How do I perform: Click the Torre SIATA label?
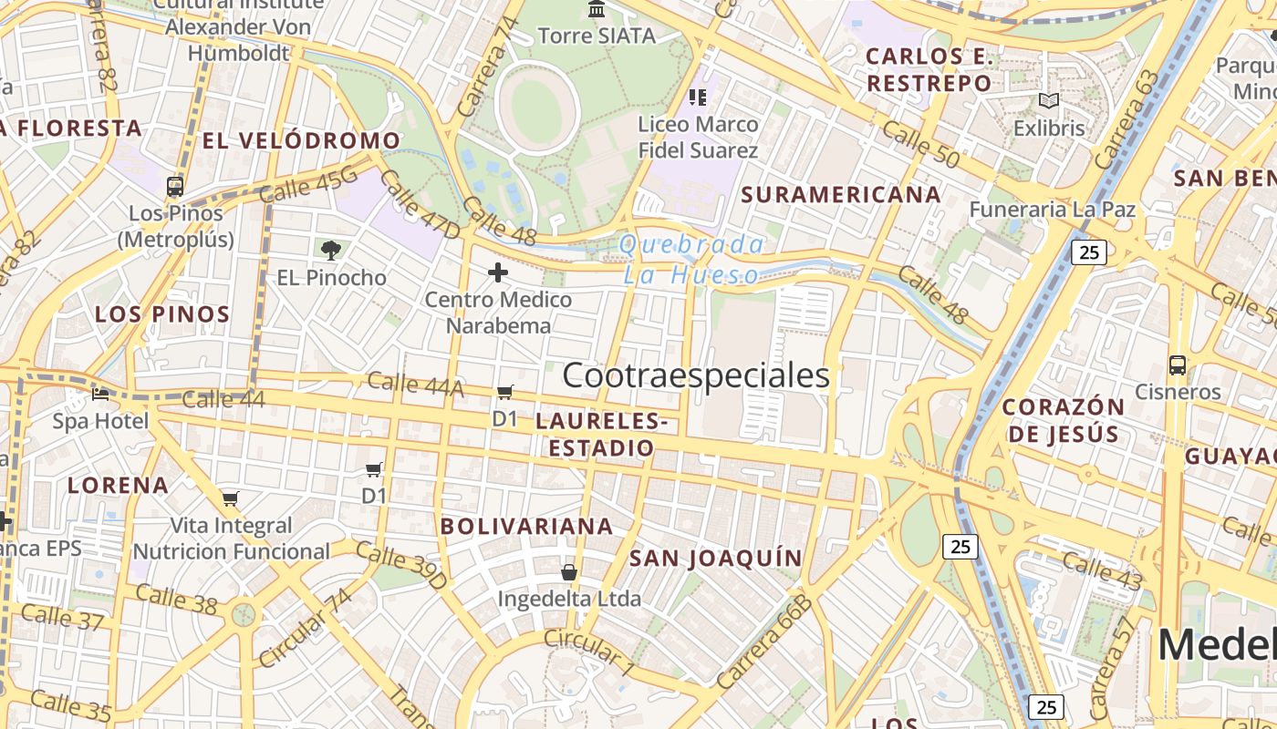(x=597, y=36)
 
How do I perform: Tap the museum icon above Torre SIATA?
(x=597, y=9)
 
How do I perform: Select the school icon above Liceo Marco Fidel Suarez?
(x=698, y=97)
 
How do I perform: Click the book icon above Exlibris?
(x=1048, y=101)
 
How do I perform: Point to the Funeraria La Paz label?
(x=1052, y=209)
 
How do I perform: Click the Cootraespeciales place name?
(x=696, y=375)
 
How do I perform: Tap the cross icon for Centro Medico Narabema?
(x=498, y=272)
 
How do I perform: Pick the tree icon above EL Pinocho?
(x=331, y=249)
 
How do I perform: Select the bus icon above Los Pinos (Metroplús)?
(x=175, y=187)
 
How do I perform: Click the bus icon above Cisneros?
(x=1178, y=365)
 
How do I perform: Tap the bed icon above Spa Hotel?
(x=100, y=395)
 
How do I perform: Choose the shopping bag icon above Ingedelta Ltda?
(x=569, y=572)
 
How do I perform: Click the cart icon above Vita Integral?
(x=230, y=498)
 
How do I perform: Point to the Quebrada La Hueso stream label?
(x=691, y=260)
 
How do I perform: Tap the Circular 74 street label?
(x=305, y=628)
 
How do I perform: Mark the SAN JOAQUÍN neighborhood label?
(x=716, y=558)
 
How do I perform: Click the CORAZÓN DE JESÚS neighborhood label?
(x=1064, y=420)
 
